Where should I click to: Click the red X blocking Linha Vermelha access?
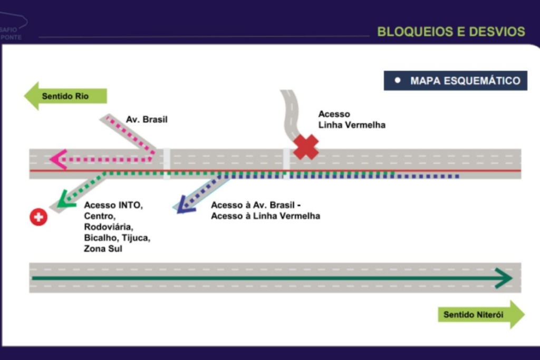pos(306,147)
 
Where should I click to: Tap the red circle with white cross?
pos(38,217)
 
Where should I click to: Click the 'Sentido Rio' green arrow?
pos(65,96)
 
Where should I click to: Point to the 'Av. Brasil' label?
pos(147,120)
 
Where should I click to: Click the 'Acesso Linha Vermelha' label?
pos(352,120)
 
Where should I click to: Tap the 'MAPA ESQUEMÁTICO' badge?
pos(456,81)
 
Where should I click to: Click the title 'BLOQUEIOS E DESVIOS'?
pos(451,31)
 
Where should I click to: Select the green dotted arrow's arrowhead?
pos(64,199)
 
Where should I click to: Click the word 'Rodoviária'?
pos(109,227)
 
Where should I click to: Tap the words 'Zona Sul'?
pos(103,248)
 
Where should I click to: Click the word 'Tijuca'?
pos(138,238)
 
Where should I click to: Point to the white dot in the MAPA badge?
pos(399,81)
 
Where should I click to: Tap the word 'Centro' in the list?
pos(99,216)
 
